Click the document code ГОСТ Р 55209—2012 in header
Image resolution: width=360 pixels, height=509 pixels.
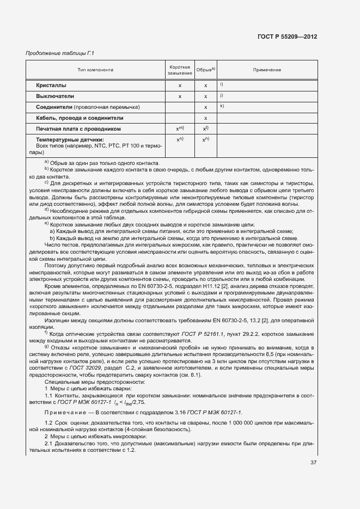pyautogui.click(x=286, y=36)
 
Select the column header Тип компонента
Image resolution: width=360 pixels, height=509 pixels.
pyautogui.click(x=95, y=70)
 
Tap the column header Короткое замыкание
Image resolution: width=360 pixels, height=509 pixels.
pyautogui.click(x=180, y=70)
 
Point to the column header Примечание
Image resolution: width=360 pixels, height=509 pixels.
pyautogui.click(x=267, y=70)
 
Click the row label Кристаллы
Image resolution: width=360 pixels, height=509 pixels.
pyautogui.click(x=51, y=85)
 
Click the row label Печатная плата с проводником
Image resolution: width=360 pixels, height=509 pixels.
pyautogui.click(x=78, y=129)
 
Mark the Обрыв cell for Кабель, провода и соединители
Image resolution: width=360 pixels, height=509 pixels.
pyautogui.click(x=206, y=118)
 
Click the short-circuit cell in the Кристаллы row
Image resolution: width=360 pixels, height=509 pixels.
pyautogui.click(x=180, y=85)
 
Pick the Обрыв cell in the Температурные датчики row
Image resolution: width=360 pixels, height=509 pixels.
pyautogui.click(x=206, y=140)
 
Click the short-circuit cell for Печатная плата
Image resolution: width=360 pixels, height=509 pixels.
pyautogui.click(x=180, y=129)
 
